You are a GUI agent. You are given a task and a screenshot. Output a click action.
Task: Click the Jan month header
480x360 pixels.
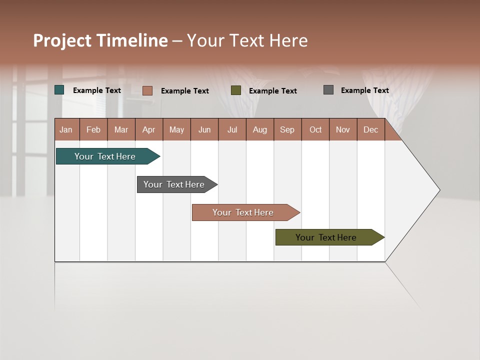pos(66,130)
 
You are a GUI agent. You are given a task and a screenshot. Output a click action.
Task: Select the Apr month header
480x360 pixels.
pos(149,130)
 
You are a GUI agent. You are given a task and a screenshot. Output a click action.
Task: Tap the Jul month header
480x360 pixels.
pos(232,130)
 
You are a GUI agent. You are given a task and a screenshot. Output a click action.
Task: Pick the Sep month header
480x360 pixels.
pos(287,130)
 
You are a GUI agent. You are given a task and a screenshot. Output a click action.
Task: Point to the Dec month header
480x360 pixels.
pos(370,130)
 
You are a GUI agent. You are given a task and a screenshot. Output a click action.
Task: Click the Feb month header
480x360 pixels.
pos(93,130)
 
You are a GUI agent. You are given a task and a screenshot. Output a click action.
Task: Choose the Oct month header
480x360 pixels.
pos(315,130)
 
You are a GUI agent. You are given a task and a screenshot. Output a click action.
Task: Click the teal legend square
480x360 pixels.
pos(59,90)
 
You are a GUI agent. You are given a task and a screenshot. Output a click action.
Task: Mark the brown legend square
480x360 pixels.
pos(147,90)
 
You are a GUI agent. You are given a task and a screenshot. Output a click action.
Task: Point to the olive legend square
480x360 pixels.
pos(236,90)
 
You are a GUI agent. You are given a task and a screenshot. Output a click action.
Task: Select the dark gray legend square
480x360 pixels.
pos(328,90)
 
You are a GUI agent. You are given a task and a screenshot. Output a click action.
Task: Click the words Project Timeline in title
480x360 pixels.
pos(100,40)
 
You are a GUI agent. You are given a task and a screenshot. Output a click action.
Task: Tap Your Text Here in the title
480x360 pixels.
pos(247,40)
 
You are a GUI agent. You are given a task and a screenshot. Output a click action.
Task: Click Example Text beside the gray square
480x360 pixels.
pos(364,90)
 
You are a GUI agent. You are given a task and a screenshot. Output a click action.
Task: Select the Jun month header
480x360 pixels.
pos(204,130)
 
